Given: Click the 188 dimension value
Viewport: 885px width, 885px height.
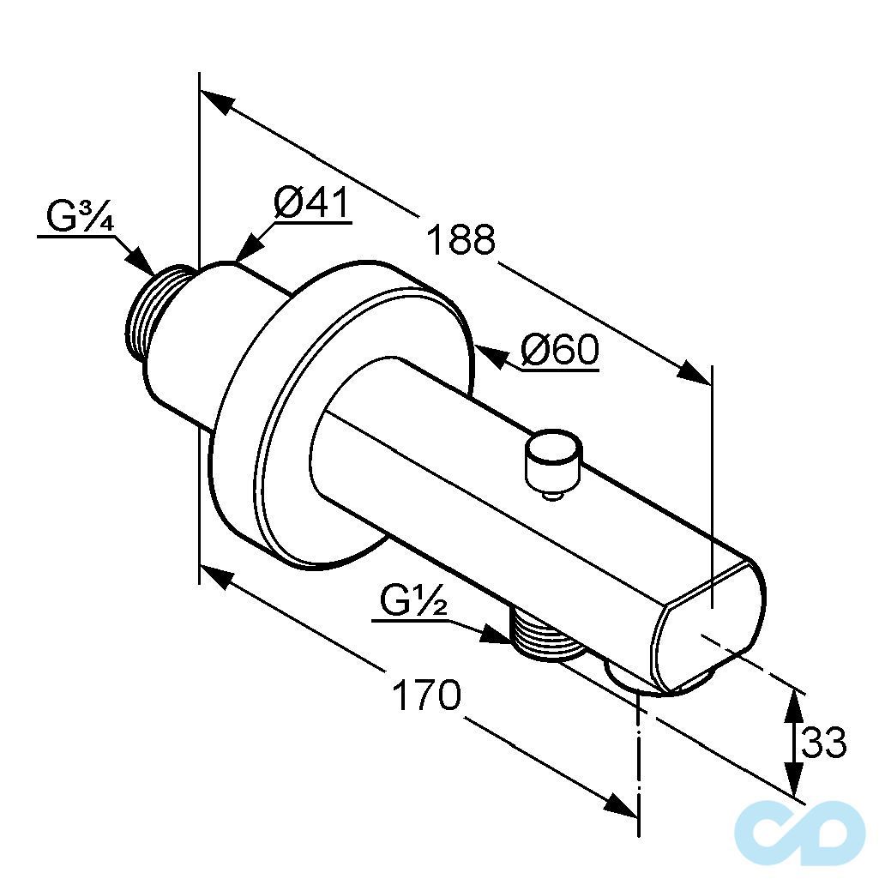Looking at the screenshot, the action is pos(461,239).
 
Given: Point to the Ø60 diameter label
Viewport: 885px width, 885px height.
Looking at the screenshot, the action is pos(559,350).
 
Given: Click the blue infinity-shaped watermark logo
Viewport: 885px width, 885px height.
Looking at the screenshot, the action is pos(800,833).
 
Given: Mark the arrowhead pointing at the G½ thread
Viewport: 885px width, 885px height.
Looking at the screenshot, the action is pos(496,635).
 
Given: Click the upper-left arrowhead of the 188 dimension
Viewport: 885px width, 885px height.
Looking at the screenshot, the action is pos(218,102).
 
